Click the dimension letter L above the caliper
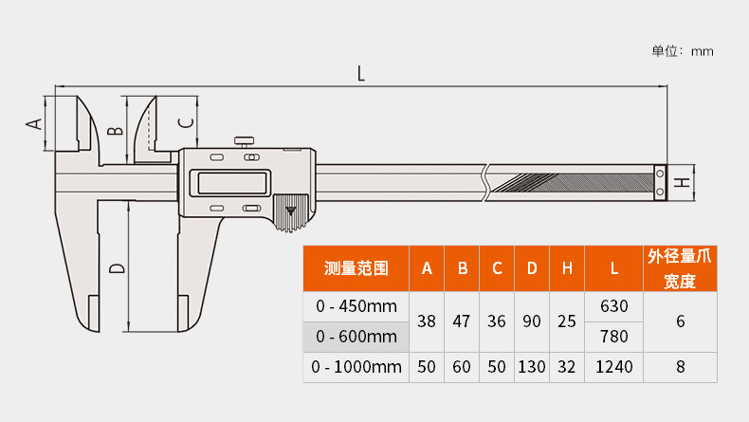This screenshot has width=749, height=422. click(361, 73)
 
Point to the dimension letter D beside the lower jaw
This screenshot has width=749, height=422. click(116, 268)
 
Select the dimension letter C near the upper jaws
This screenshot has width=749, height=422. click(186, 120)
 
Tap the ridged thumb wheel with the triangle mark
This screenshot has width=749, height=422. click(291, 213)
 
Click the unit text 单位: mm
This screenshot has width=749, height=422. click(682, 51)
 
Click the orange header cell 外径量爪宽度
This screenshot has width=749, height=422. click(680, 268)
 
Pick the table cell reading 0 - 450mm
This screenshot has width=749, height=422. click(356, 306)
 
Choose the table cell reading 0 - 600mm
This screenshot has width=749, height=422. click(356, 337)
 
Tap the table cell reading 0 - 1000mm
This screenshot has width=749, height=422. click(356, 367)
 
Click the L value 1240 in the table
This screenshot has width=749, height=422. click(614, 367)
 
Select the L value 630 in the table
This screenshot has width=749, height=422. click(614, 306)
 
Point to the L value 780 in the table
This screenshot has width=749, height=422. click(614, 337)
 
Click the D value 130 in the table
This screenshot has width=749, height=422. click(532, 367)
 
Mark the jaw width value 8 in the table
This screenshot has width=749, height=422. click(680, 367)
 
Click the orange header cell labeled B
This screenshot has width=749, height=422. click(462, 269)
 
